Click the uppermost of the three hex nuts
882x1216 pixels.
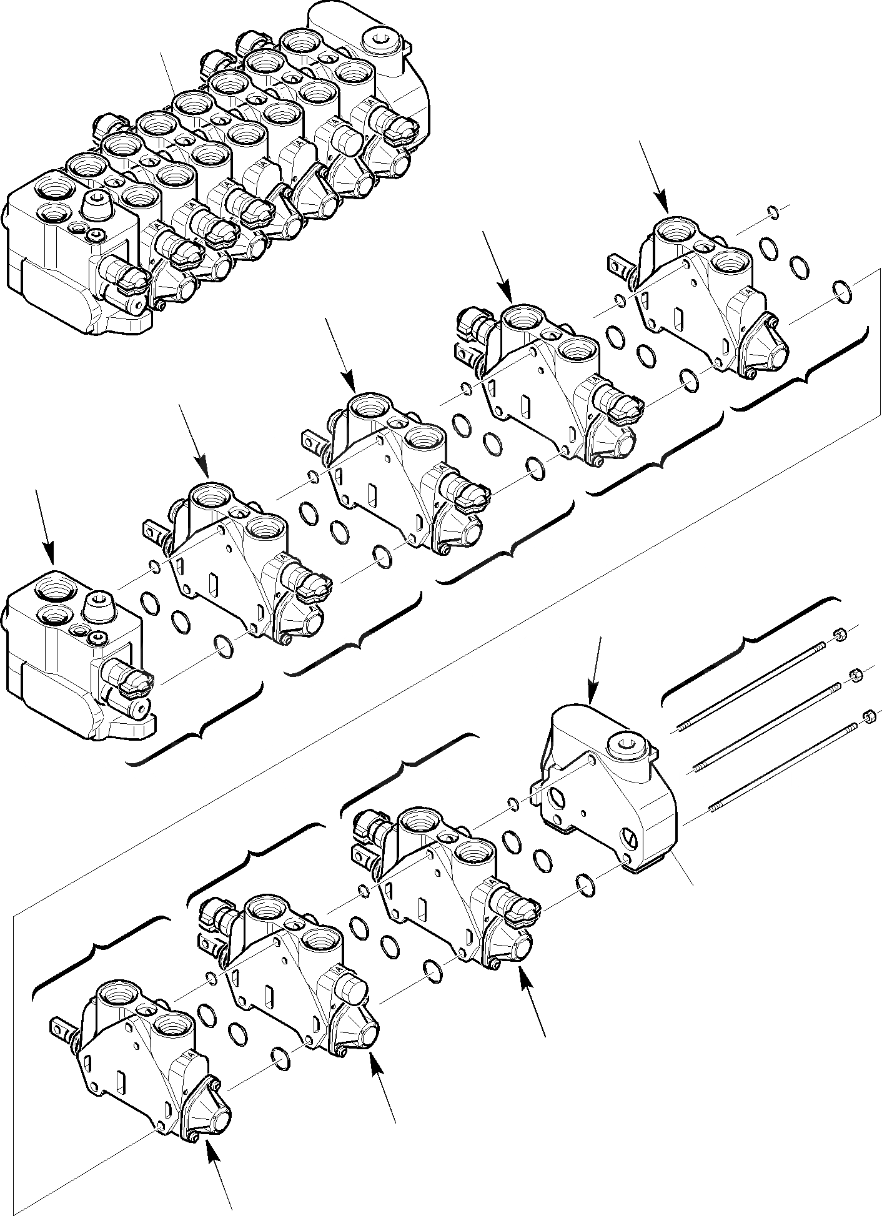tap(840, 636)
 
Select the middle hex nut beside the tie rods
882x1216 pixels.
tap(855, 675)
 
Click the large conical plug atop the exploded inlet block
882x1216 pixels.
tap(99, 606)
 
